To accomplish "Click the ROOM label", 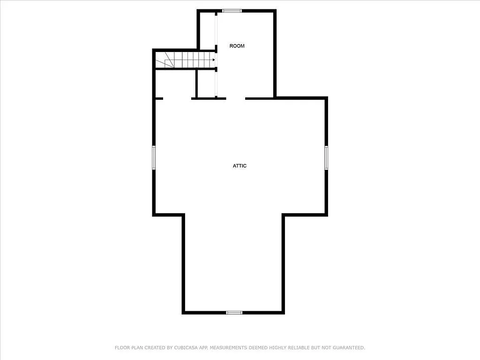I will pyautogui.click(x=237, y=46).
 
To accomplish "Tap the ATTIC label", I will pyautogui.click(x=240, y=166).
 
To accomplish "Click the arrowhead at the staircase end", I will pyautogui.click(x=213, y=60).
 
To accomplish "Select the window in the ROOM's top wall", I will pyautogui.click(x=232, y=11).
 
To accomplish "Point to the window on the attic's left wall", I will pyautogui.click(x=153, y=157).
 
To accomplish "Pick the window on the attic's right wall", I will pyautogui.click(x=326, y=157).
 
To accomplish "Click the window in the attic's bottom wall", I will pyautogui.click(x=234, y=312).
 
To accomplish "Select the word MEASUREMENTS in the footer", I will pyautogui.click(x=228, y=348).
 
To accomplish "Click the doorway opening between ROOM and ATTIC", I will pyautogui.click(x=236, y=98).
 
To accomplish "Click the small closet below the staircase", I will pyautogui.click(x=205, y=84).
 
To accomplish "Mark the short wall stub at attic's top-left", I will pyautogui.click(x=158, y=98).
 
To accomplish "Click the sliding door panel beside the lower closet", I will pyautogui.click(x=217, y=84).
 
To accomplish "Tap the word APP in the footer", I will pyautogui.click(x=201, y=348).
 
